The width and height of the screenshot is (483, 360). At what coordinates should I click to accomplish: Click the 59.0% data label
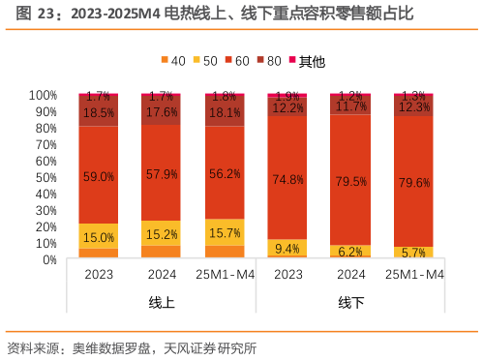point(99,177)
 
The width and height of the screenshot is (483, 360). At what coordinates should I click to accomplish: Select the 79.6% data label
point(413,182)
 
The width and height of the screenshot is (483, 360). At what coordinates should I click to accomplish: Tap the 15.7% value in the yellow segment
point(225,233)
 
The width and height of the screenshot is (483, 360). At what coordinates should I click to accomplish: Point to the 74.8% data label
point(287,179)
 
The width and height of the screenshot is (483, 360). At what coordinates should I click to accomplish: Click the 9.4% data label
point(287,248)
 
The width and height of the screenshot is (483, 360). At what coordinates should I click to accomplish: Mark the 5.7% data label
point(413,253)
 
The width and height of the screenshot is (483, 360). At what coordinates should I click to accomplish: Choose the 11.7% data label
point(350,106)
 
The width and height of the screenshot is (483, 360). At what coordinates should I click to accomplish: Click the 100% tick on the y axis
point(43,95)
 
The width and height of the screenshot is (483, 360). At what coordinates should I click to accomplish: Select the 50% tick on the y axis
point(45,177)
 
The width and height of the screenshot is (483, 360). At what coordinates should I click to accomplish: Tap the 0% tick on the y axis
point(49,259)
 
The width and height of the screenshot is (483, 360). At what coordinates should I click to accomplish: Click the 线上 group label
point(162,303)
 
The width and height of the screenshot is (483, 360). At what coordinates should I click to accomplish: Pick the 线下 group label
point(350,303)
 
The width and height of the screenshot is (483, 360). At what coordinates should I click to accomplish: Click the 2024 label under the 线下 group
point(350,275)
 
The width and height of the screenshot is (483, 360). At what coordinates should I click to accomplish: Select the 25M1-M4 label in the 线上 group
point(225,275)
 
